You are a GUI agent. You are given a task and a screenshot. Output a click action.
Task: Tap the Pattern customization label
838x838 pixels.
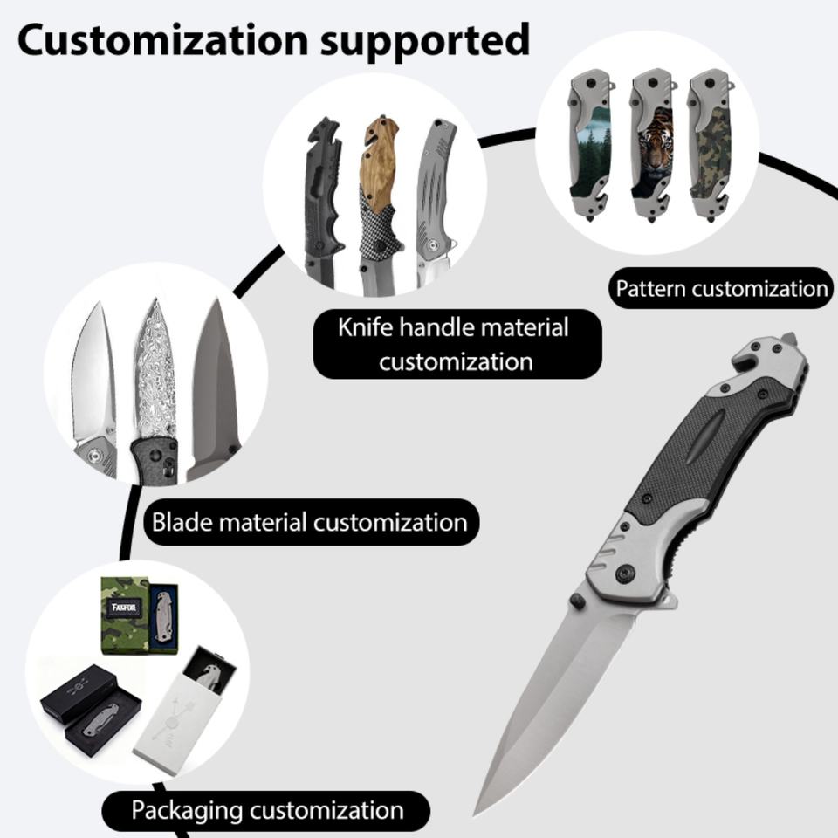(x=721, y=288)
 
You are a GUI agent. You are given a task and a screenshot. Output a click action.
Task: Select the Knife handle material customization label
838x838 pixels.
(x=454, y=344)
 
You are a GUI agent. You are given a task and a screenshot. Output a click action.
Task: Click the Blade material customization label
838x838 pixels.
(x=310, y=522)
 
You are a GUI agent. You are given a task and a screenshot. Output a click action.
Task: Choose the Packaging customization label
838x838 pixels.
(x=267, y=810)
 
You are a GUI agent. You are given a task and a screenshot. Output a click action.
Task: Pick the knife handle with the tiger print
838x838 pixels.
(x=650, y=148)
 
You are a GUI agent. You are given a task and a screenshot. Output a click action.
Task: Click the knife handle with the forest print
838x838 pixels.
(x=591, y=148)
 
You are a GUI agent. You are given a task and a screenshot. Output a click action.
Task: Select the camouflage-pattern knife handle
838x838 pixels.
(x=708, y=148)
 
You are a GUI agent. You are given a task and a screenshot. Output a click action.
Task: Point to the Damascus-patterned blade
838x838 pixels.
(x=155, y=375)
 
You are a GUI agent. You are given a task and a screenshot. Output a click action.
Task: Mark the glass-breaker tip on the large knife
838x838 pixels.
(x=787, y=337)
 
